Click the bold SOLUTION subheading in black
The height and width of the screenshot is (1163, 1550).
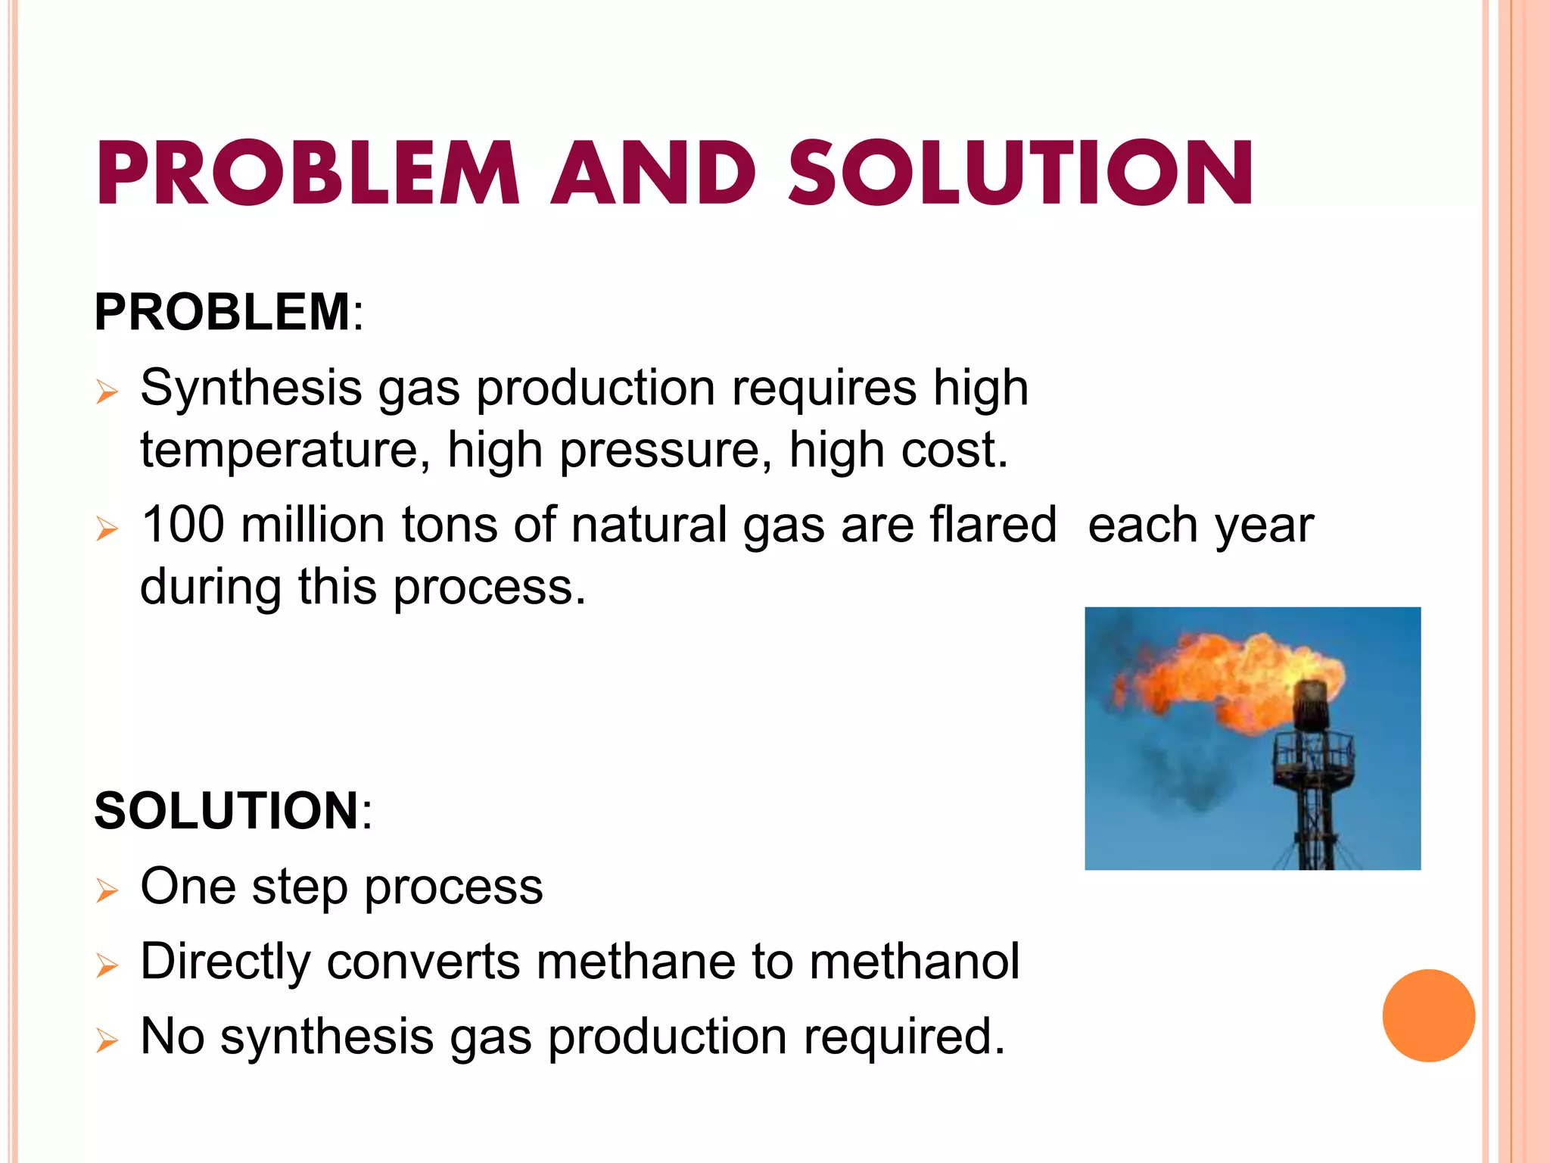coord(226,810)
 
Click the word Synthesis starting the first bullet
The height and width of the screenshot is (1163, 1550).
coord(251,388)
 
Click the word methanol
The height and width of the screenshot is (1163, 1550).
coord(914,961)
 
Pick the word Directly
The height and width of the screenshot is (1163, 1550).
coord(226,962)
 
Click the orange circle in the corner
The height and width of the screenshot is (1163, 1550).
coord(1428,1015)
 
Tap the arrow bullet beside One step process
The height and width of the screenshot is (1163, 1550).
coord(107,891)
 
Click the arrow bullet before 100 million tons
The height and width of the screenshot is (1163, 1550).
coord(107,528)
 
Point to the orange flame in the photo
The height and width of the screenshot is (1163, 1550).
coord(1226,674)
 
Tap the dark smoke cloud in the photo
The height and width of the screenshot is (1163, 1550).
coord(1188,780)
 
